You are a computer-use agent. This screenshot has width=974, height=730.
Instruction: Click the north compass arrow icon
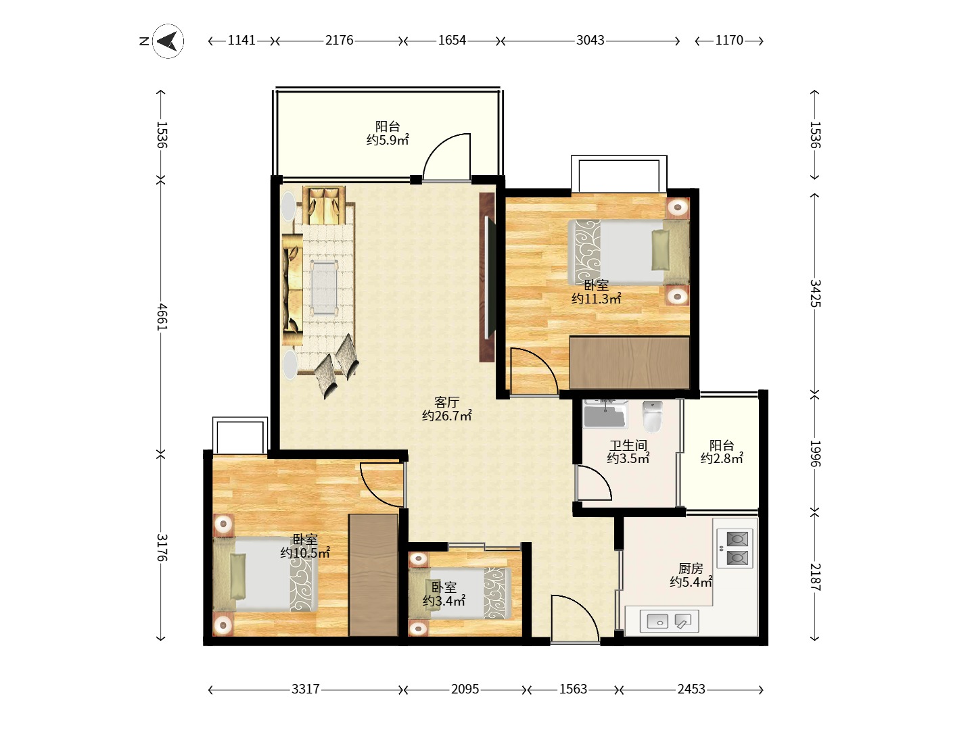point(168,41)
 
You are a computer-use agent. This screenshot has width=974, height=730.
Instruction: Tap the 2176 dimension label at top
point(340,41)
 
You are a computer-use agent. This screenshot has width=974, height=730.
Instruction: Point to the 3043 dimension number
point(590,41)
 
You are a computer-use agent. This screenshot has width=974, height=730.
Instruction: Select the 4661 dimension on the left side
point(162,317)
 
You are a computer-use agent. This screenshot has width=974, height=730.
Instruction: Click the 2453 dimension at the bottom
point(691,689)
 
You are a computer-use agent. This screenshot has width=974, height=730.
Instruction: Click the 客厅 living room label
point(446,402)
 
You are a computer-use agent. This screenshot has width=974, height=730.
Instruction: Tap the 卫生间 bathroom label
point(628,445)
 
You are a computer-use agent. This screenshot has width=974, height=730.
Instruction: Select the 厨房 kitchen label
point(691,568)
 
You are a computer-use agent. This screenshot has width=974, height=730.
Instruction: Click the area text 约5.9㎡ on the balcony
point(388,140)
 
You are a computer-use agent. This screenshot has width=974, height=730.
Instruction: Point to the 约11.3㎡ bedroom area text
point(597,299)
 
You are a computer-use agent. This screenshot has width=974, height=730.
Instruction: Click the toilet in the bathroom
point(652,416)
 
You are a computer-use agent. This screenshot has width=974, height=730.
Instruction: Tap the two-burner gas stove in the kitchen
point(735,548)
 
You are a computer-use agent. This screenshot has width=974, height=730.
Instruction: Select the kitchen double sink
point(669,621)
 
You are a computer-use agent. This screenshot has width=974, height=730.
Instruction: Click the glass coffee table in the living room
point(324,288)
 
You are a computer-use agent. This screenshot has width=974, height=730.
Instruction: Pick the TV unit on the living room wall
point(487,277)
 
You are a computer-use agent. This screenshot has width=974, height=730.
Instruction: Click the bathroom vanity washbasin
point(605,414)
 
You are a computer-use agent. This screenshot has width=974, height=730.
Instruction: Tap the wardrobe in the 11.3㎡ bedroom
point(629,363)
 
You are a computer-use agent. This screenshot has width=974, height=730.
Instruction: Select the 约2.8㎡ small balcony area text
point(722,458)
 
